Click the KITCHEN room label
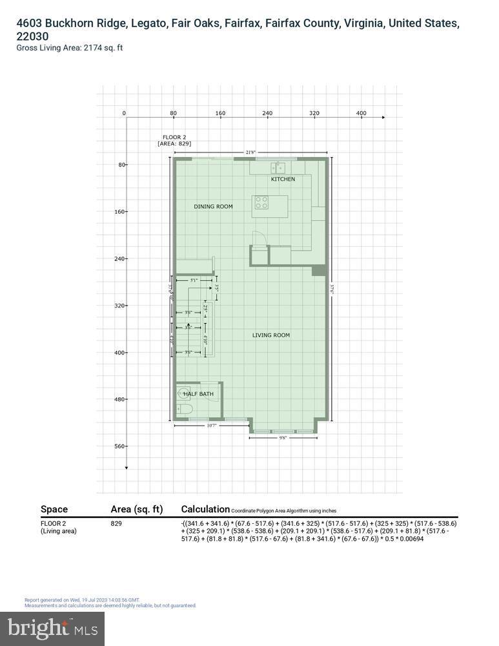pyautogui.click(x=283, y=179)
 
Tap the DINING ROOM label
pyautogui.click(x=213, y=207)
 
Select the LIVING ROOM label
pyautogui.click(x=270, y=335)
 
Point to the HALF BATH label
pyautogui.click(x=198, y=393)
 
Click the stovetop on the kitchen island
pyautogui.click(x=261, y=202)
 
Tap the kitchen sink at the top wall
pyautogui.click(x=280, y=167)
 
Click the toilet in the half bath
pyautogui.click(x=184, y=409)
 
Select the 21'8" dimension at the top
pyautogui.click(x=250, y=152)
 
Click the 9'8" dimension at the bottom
pyautogui.click(x=282, y=438)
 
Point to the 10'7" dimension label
pyautogui.click(x=211, y=426)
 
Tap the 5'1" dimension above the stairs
pyautogui.click(x=194, y=280)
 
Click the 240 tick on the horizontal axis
pyautogui.click(x=267, y=113)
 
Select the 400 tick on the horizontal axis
pyautogui.click(x=362, y=113)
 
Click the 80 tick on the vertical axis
pyautogui.click(x=121, y=165)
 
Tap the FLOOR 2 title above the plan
pyautogui.click(x=174, y=137)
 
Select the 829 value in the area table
pyautogui.click(x=116, y=523)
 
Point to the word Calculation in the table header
pyautogui.click(x=205, y=509)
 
